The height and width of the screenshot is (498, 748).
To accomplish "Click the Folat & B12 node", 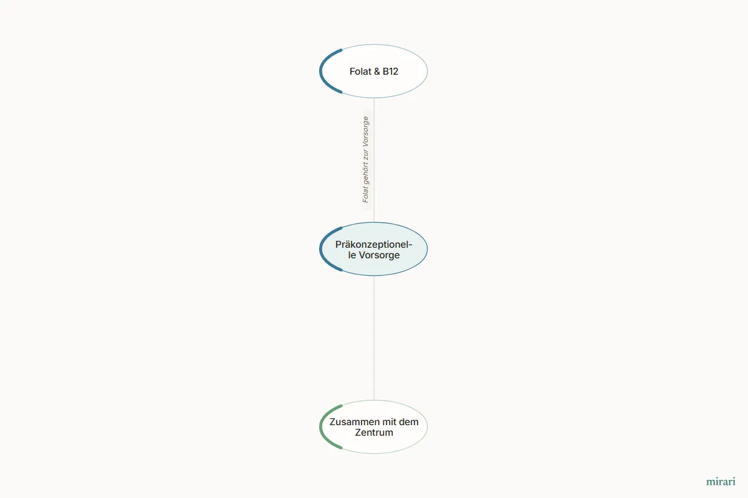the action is (x=373, y=71).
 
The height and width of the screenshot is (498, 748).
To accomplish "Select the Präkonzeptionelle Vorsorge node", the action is (x=373, y=249).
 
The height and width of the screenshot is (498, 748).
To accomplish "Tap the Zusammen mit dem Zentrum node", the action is (x=373, y=426).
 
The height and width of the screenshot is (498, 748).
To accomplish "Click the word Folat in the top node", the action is (x=360, y=72).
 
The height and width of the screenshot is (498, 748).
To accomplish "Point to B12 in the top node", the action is (x=390, y=72).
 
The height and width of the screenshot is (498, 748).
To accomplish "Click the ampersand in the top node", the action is (x=376, y=72).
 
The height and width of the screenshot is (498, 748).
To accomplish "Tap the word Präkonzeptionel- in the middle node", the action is (x=373, y=245).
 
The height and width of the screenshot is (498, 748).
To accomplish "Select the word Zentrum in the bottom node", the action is (x=373, y=433).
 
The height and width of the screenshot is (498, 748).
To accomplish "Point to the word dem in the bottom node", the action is (x=408, y=422).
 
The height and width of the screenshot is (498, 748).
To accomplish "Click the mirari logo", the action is (x=721, y=482).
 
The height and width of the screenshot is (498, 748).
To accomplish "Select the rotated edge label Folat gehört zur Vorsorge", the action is (x=366, y=159).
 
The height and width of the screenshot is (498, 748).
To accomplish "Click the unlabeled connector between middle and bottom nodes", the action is (x=373, y=338).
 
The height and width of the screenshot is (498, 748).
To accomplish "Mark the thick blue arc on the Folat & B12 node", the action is (x=320, y=71).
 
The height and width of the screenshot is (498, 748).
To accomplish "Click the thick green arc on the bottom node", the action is (x=320, y=426).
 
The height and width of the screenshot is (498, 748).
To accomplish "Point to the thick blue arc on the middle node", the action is (x=320, y=249).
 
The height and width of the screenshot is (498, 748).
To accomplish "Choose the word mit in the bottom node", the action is (x=389, y=422).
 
